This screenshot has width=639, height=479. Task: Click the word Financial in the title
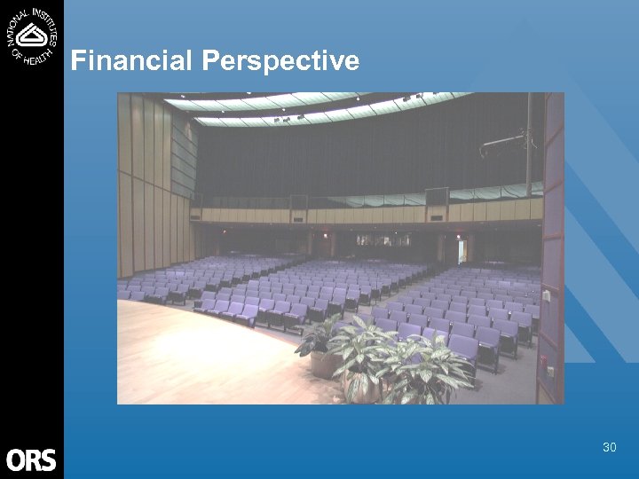coord(132,60)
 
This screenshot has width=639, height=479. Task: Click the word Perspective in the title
coord(280,61)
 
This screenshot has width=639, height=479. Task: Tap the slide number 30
coord(609,447)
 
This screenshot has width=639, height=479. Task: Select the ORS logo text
coord(31,460)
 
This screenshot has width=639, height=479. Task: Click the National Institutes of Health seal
coord(32,35)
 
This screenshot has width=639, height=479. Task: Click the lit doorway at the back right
coord(461,250)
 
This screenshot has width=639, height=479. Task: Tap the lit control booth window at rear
coord(383,240)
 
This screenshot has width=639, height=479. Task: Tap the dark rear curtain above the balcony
coord(355,160)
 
